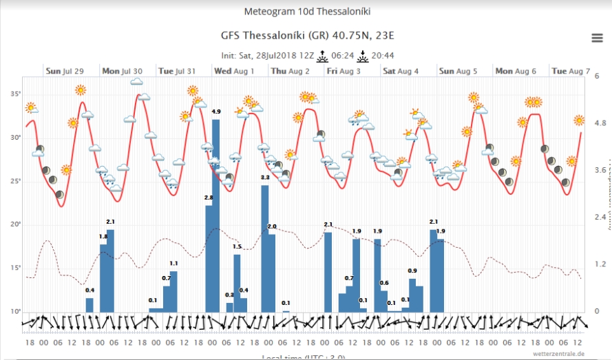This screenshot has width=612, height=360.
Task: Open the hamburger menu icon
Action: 597,37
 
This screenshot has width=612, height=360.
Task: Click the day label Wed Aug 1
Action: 234,71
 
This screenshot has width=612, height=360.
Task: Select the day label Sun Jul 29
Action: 65,71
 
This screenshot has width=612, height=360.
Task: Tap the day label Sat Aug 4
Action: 401,71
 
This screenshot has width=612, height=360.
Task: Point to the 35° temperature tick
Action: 16,94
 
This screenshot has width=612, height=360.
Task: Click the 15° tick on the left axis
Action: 16,268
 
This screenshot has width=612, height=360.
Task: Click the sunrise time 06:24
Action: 343,55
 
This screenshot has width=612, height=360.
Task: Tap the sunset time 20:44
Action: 382,55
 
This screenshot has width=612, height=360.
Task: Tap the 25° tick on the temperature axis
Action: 16,181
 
